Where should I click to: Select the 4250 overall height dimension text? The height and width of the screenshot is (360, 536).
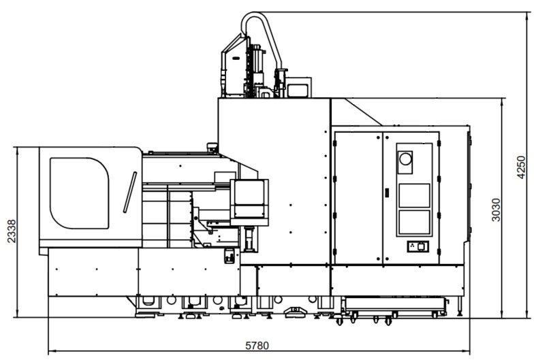[x=522, y=167]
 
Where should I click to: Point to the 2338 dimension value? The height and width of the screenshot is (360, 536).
[x=8, y=231]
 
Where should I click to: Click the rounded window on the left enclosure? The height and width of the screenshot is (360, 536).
[x=79, y=193]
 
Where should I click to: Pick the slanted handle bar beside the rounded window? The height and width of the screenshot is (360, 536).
[x=130, y=193]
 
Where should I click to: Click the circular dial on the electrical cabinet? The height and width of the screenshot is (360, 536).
[x=406, y=159]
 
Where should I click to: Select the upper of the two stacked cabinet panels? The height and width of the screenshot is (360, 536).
[x=413, y=195]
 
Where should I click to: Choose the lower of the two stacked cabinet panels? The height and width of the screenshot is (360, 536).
[x=413, y=224]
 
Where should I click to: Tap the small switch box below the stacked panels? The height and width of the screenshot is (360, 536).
[x=414, y=246]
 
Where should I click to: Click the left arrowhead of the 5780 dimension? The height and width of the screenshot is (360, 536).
[x=51, y=352]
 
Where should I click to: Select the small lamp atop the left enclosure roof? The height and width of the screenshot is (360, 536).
[x=212, y=145]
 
